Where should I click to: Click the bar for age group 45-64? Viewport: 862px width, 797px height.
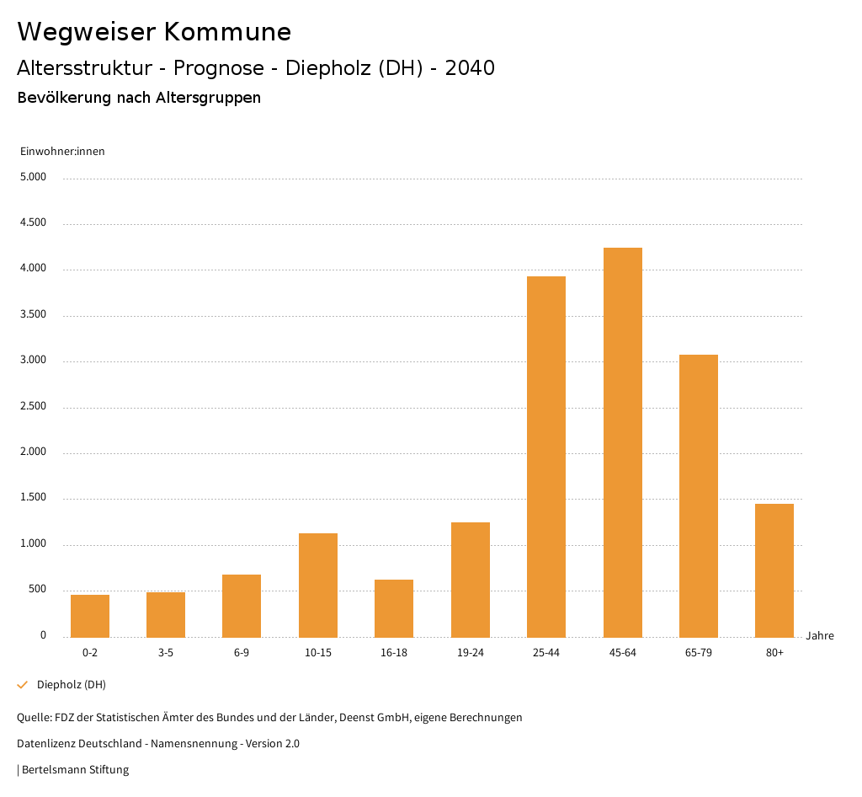(622, 442)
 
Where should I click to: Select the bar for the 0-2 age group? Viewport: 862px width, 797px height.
(90, 616)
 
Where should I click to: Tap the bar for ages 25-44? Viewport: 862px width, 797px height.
(546, 457)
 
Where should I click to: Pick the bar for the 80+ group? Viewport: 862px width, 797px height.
(774, 570)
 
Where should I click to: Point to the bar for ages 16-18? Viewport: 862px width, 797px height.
(394, 608)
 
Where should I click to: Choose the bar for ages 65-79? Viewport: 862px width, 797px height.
(699, 495)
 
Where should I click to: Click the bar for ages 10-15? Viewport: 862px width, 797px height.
(318, 585)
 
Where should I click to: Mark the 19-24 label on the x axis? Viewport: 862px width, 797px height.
(470, 653)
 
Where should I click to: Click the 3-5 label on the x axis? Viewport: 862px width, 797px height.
(166, 653)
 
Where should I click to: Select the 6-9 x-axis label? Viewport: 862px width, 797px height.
(242, 653)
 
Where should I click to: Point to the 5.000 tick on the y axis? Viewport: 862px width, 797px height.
(33, 178)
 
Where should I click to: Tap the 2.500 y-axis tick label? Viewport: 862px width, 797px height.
(33, 407)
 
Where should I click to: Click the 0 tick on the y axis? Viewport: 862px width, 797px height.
(43, 636)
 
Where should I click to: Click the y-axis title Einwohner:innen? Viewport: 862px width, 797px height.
(62, 152)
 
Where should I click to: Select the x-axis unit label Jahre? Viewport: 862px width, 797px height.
(820, 636)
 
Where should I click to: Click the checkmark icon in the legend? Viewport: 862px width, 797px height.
(23, 685)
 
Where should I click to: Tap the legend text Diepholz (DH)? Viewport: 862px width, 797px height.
(72, 685)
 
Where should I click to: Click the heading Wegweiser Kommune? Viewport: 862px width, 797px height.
(154, 32)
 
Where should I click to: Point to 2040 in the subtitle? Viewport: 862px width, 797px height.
(470, 68)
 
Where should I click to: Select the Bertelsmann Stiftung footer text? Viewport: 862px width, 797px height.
(75, 770)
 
